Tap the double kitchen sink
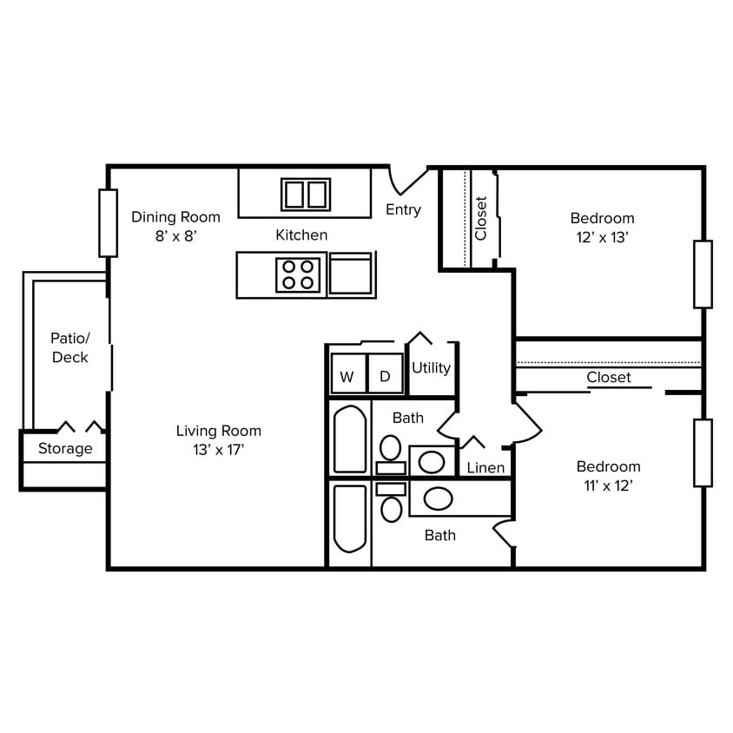click(306, 194)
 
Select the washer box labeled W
click(347, 376)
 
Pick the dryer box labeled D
click(385, 376)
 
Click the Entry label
click(403, 209)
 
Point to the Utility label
click(431, 367)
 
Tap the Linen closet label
click(485, 468)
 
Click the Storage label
click(65, 448)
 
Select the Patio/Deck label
click(69, 347)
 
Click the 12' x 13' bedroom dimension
click(602, 236)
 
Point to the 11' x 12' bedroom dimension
click(607, 485)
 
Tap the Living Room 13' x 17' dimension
click(219, 449)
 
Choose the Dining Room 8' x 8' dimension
click(176, 236)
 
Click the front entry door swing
click(406, 181)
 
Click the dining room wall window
click(108, 222)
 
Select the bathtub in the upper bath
click(350, 439)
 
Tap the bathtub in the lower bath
click(350, 518)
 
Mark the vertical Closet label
click(481, 218)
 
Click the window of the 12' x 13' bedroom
click(703, 274)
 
